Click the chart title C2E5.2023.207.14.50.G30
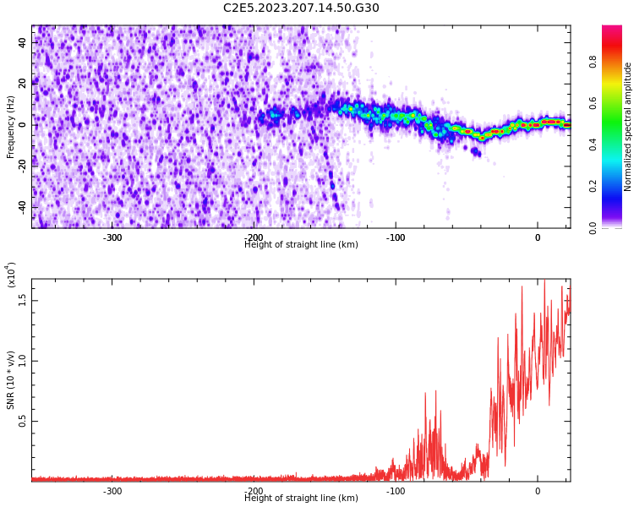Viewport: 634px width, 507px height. [x=301, y=8]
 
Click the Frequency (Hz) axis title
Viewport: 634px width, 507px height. [x=10, y=127]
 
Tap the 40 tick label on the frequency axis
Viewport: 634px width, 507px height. [x=23, y=43]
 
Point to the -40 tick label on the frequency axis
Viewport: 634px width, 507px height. [x=23, y=208]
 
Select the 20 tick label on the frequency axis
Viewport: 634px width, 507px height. [x=23, y=84]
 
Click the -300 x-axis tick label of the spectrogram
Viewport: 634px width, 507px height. [x=112, y=237]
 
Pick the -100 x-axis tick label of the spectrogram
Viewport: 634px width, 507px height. [x=396, y=237]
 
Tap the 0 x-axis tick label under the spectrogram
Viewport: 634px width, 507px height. [x=538, y=237]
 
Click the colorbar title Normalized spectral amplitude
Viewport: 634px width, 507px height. [x=627, y=127]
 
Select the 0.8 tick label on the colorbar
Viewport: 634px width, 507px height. [x=593, y=62]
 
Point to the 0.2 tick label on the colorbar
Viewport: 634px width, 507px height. [x=593, y=186]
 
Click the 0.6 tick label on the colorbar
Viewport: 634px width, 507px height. [x=593, y=103]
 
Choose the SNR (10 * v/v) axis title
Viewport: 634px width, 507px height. [x=10, y=380]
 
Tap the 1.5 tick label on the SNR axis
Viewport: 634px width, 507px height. [x=23, y=300]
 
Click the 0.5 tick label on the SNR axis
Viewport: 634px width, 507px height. [x=23, y=421]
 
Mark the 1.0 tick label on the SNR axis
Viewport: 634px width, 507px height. [x=23, y=360]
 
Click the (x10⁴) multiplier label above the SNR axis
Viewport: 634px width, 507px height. [x=11, y=275]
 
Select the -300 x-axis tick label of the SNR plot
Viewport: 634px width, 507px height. [x=112, y=491]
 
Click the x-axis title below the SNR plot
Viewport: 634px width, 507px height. [x=301, y=498]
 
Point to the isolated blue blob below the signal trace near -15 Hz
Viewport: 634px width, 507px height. [x=475, y=152]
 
